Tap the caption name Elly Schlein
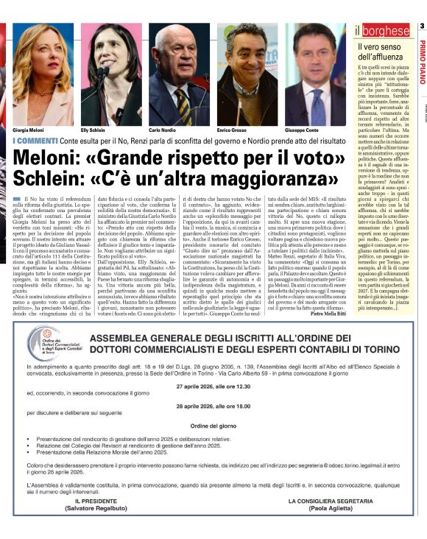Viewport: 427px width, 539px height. pyautogui.click(x=94, y=129)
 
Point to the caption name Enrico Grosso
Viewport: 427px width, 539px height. pyautogui.click(x=233, y=129)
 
